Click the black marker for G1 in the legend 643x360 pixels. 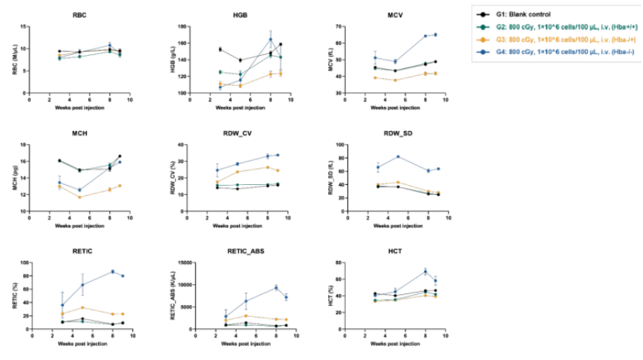tap(483, 15)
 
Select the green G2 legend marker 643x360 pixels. tap(483, 27)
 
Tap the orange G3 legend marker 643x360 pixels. tap(483, 39)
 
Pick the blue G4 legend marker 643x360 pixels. tap(483, 51)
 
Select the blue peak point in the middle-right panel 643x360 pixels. tap(398, 156)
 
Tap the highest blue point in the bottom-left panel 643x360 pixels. tap(113, 271)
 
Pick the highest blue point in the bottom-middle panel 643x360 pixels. tap(277, 288)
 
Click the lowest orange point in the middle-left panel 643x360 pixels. tap(79, 197)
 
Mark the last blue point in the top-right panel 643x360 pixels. tap(435, 34)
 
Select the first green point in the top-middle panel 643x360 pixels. tap(221, 72)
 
